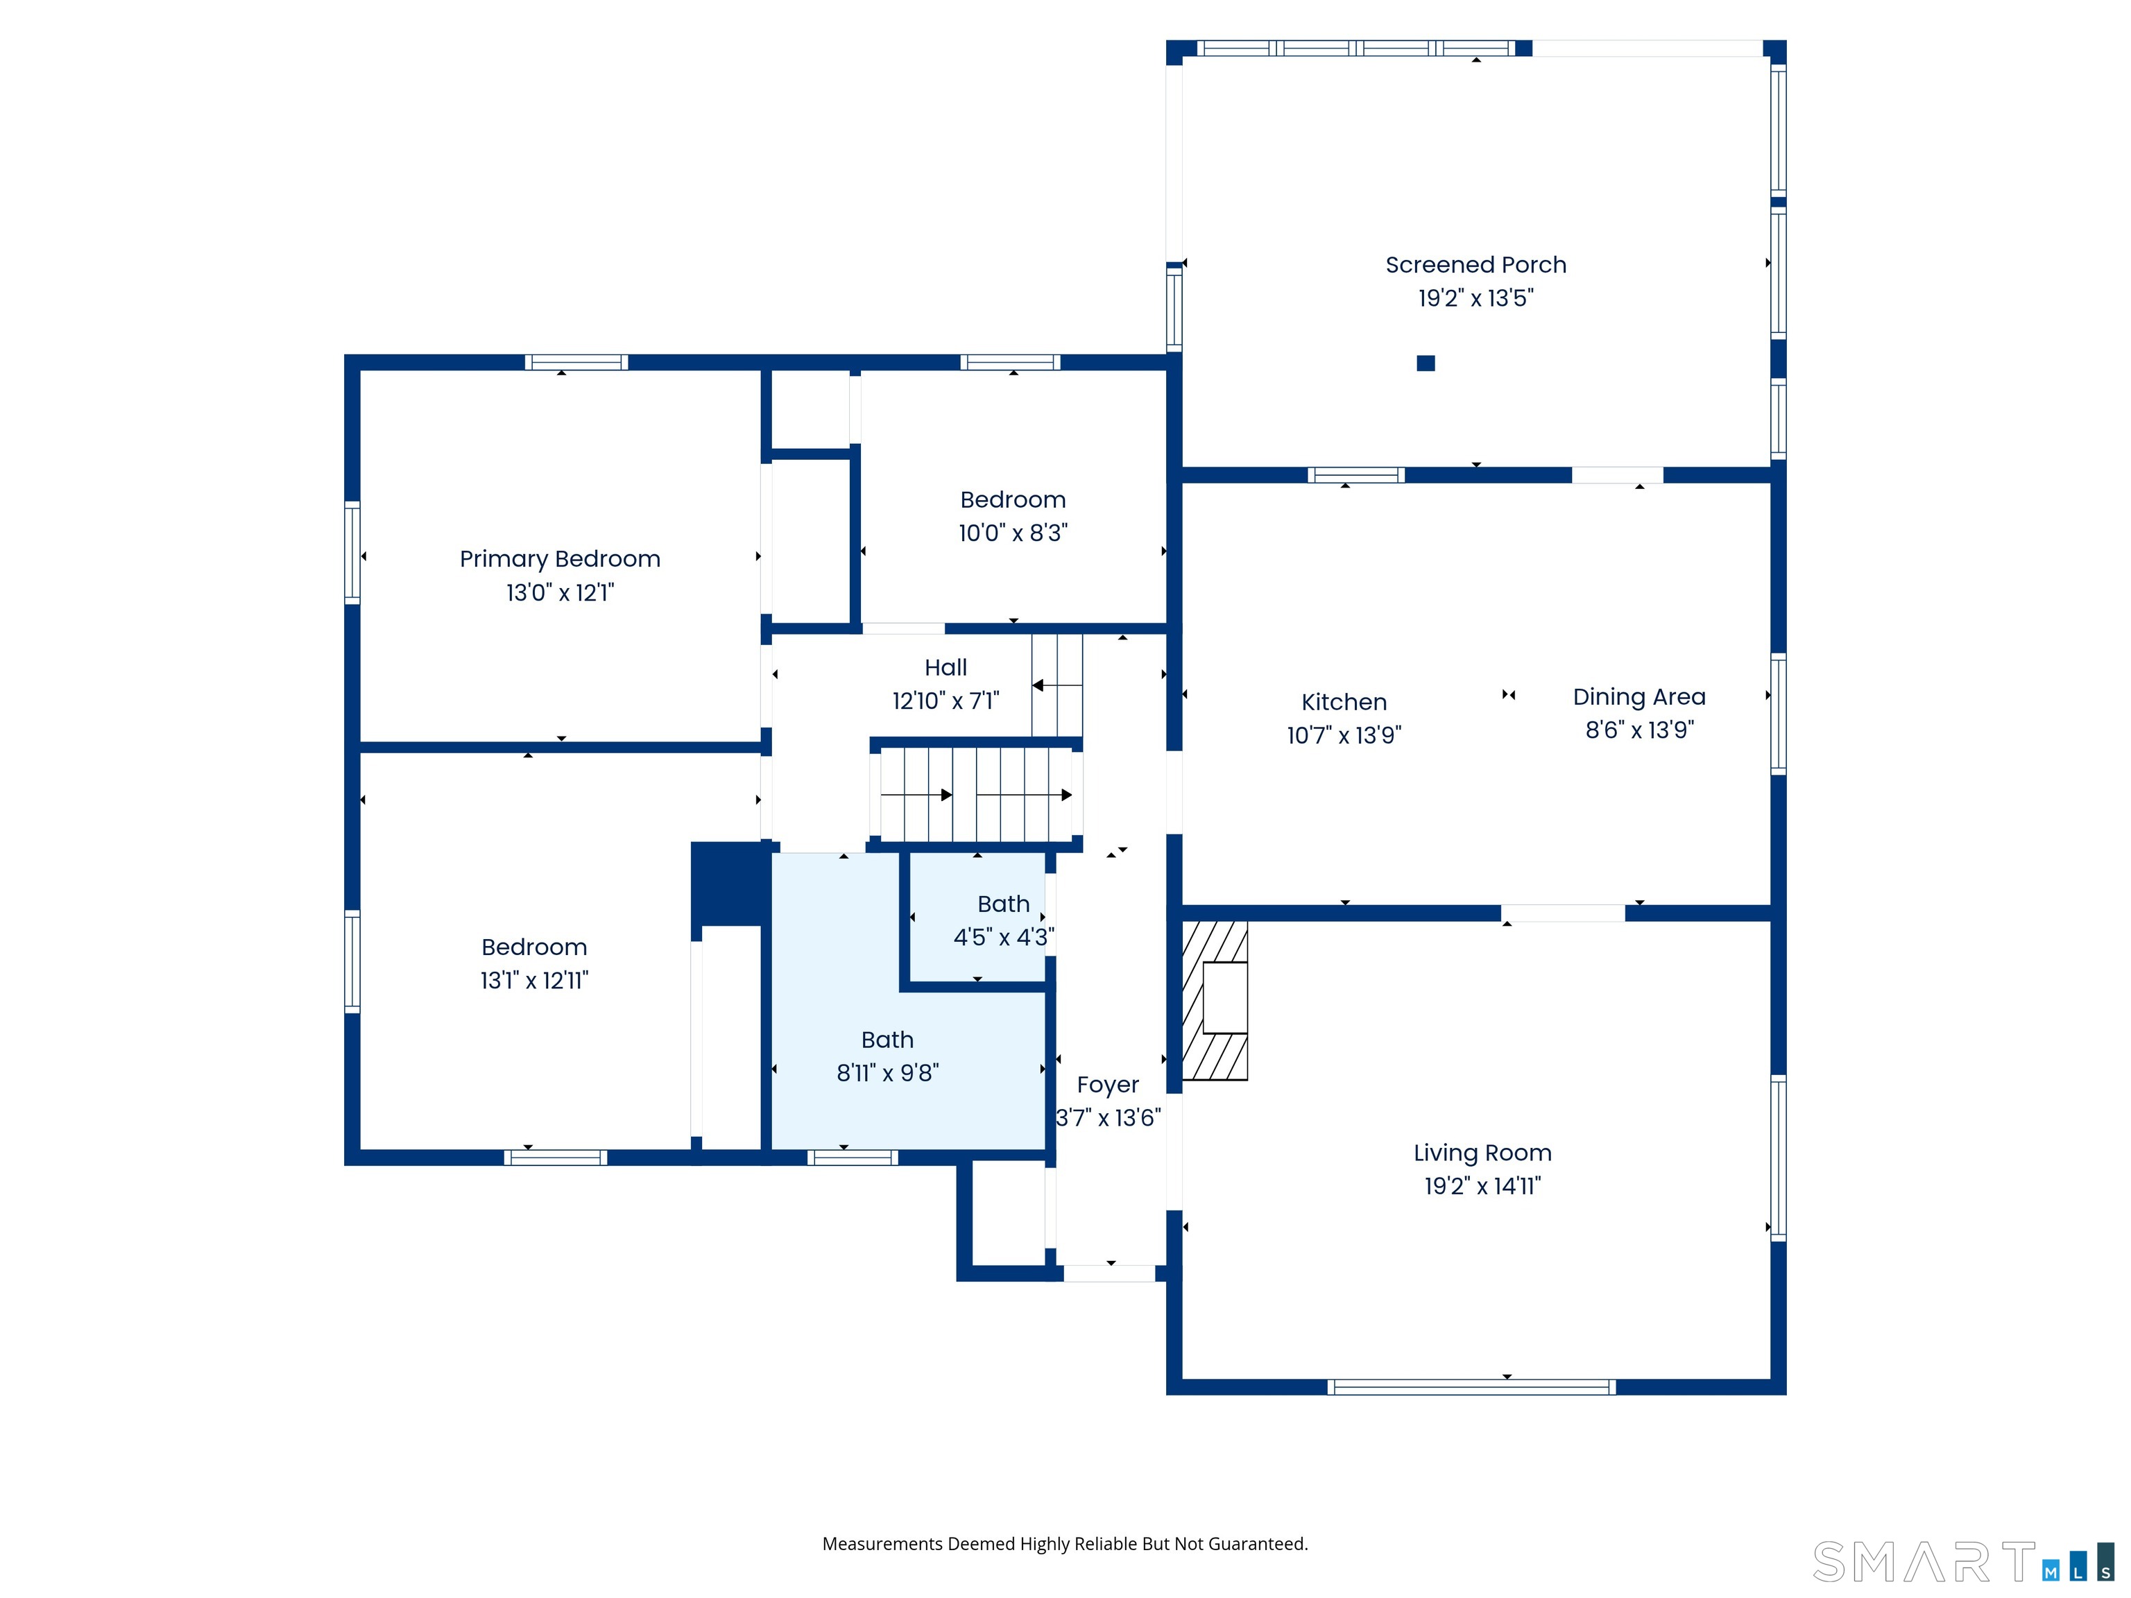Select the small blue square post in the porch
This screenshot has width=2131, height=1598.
coord(1426,363)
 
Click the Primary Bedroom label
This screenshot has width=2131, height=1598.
coord(560,560)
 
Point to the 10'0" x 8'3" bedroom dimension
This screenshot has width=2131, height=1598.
coord(1013,533)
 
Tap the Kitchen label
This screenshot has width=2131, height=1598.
coord(1344,702)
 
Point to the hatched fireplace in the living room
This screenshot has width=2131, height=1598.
coord(1214,1000)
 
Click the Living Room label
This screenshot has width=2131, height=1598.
coord(1482,1153)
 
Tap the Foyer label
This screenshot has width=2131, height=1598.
coord(1108,1085)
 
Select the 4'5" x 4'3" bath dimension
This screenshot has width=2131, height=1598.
coord(1003,937)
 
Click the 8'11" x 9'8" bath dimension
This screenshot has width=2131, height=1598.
coord(887,1073)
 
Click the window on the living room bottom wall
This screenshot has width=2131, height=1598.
coord(1471,1387)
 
